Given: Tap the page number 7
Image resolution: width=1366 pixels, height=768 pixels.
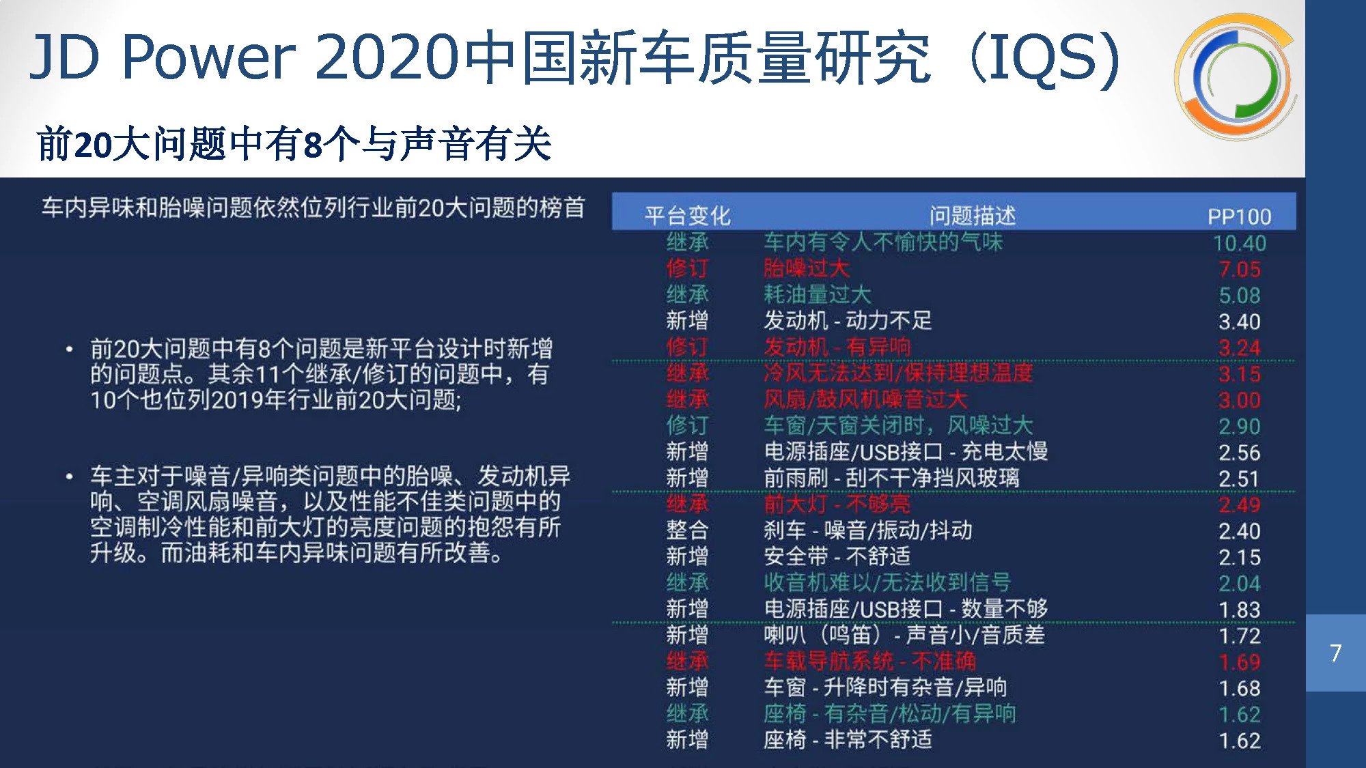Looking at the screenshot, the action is (1336, 653).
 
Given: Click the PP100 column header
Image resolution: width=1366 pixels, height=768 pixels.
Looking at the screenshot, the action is (1239, 216).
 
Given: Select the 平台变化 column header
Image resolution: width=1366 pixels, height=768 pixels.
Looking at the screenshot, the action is (687, 216).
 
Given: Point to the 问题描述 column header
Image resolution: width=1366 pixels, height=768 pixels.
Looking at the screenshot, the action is (973, 216).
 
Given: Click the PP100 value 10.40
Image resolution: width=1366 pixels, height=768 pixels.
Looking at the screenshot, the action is (1239, 243).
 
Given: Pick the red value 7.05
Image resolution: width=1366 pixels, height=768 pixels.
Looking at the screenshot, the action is (1240, 269).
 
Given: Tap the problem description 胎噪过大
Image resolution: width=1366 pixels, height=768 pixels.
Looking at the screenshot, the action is (807, 268).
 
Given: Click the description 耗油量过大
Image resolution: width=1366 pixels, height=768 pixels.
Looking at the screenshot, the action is (818, 295).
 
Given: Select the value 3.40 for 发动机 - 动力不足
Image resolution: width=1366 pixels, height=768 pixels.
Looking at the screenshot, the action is (1240, 322).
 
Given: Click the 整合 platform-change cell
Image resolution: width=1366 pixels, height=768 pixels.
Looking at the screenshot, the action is (687, 530).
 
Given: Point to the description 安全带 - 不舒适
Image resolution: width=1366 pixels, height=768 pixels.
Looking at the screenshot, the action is (837, 556).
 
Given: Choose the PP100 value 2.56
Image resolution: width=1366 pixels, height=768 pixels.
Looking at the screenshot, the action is (1240, 453).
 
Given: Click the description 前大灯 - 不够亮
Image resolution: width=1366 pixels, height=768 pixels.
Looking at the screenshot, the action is (837, 504).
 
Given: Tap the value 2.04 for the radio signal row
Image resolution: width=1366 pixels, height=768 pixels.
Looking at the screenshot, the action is (1240, 584).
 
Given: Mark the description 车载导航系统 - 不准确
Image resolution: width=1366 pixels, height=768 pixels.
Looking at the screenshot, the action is (870, 661).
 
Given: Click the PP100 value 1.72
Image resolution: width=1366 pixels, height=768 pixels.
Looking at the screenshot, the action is (1240, 636).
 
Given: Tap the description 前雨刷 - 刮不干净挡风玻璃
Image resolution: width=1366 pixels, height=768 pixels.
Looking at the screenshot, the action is (892, 478).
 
